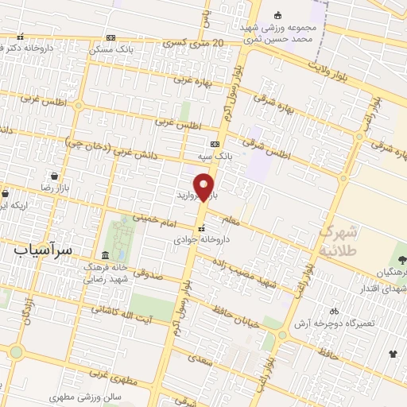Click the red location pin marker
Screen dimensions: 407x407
[x=205, y=188]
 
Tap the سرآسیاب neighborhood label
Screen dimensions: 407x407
[x=43, y=249]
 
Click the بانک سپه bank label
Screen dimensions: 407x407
[x=215, y=157]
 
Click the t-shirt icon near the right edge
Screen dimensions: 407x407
[x=392, y=354]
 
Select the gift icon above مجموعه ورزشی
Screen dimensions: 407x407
[x=277, y=15]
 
